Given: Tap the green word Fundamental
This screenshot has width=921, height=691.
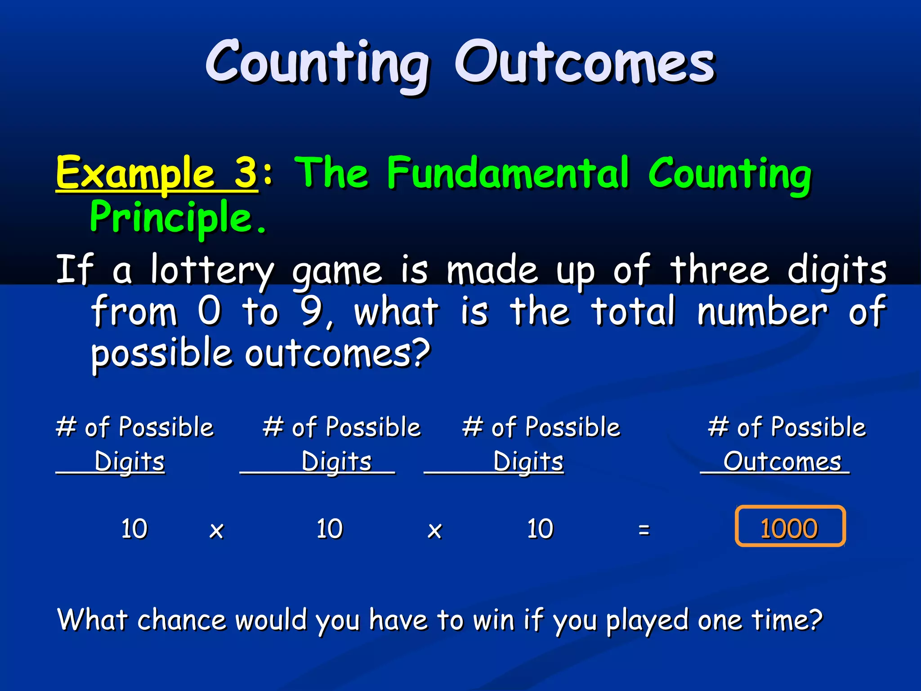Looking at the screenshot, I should click(508, 173).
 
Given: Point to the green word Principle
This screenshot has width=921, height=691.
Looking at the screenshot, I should click(171, 218).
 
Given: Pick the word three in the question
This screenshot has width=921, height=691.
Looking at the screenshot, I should click(719, 270).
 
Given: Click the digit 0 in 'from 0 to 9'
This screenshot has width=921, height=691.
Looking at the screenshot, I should click(210, 311).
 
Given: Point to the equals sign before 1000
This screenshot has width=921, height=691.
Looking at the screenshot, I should click(644, 529).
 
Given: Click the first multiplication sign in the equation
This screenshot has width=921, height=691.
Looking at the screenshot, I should click(217, 531).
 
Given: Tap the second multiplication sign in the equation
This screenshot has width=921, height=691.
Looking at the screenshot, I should click(434, 531).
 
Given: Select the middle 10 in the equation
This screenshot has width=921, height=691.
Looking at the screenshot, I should click(330, 529).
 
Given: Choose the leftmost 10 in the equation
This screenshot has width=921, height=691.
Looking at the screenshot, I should click(134, 529).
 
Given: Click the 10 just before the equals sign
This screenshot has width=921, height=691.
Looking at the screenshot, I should click(540, 529).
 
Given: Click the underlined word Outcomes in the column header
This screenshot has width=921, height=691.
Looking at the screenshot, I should click(782, 462).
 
